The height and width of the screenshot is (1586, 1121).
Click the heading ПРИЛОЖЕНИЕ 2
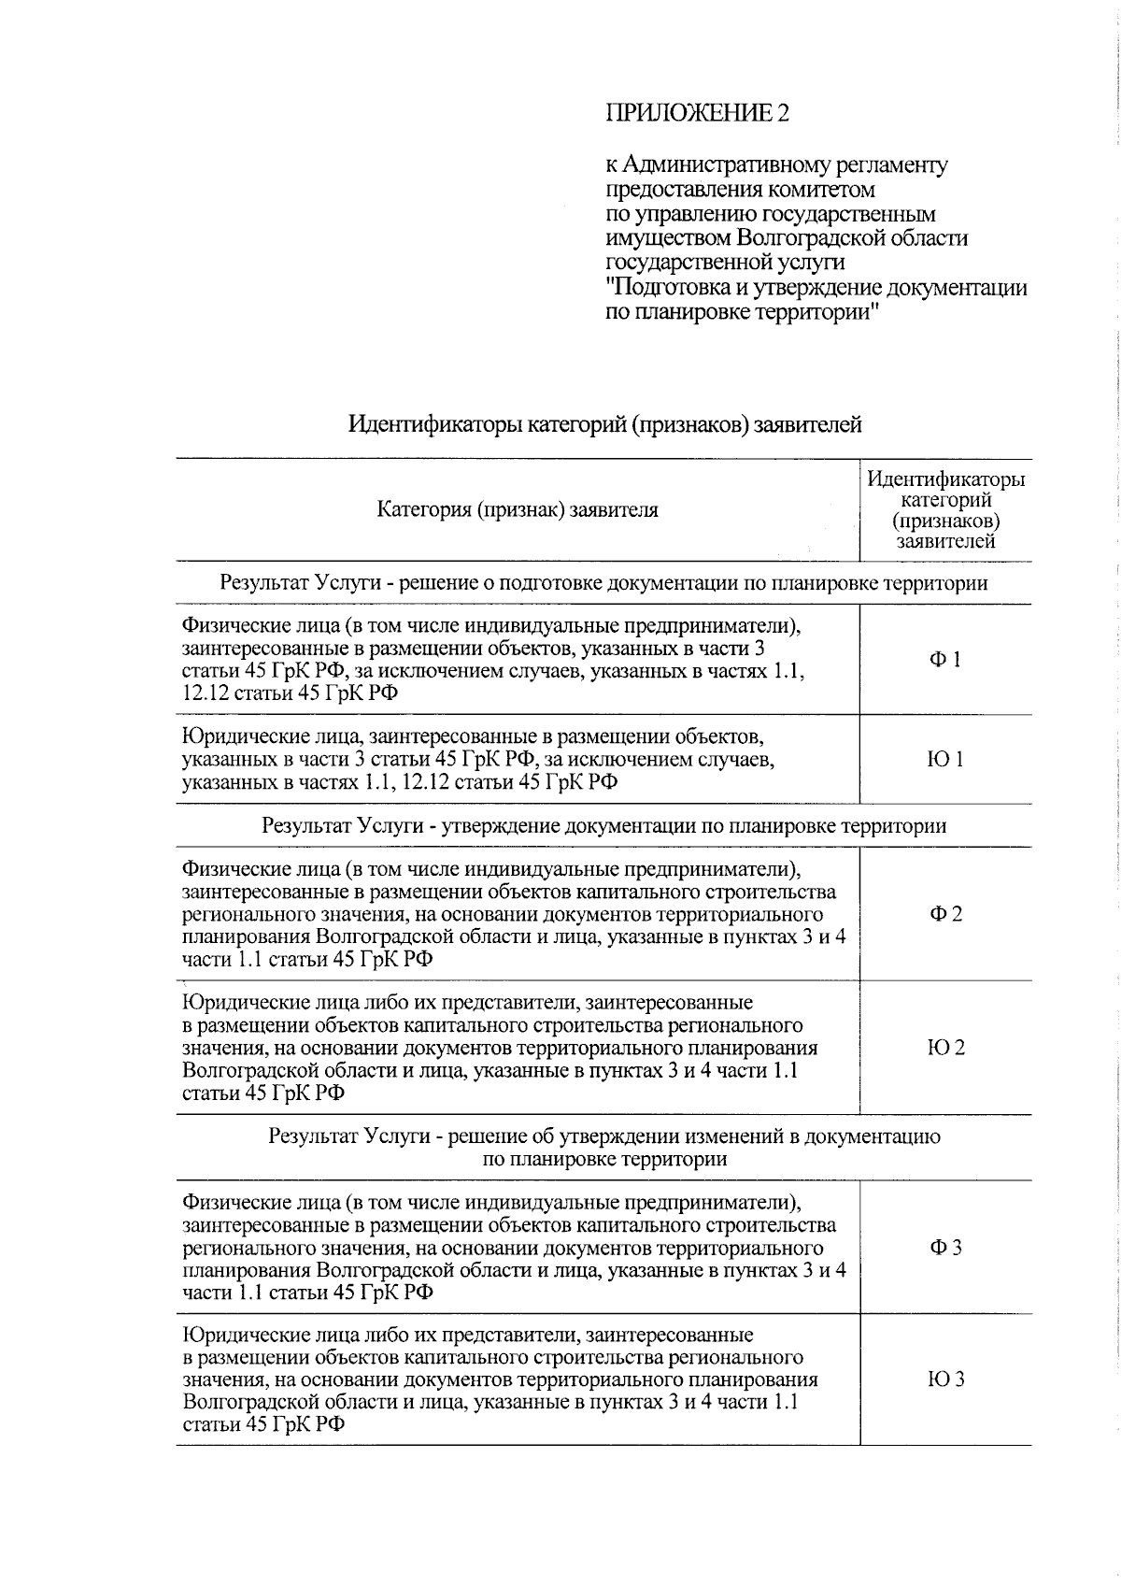point(697,113)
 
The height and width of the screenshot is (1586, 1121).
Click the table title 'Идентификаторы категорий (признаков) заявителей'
point(604,424)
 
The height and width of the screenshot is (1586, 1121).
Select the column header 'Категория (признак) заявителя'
point(518,510)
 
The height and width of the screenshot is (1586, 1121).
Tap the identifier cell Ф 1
point(944,660)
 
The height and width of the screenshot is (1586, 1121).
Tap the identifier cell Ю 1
point(944,760)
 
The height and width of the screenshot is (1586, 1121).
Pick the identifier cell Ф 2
point(944,914)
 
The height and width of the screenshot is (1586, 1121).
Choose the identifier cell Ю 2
point(944,1048)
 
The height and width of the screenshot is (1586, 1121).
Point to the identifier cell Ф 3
point(944,1248)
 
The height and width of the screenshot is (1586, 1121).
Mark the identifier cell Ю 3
point(944,1379)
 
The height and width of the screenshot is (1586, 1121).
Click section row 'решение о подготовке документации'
point(603,584)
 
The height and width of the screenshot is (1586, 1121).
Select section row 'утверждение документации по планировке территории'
point(603,826)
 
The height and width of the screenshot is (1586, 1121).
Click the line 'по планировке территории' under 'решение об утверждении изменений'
point(603,1160)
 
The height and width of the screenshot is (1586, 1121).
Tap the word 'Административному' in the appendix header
point(715,165)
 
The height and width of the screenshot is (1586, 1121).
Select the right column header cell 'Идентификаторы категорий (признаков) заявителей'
point(945,510)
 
